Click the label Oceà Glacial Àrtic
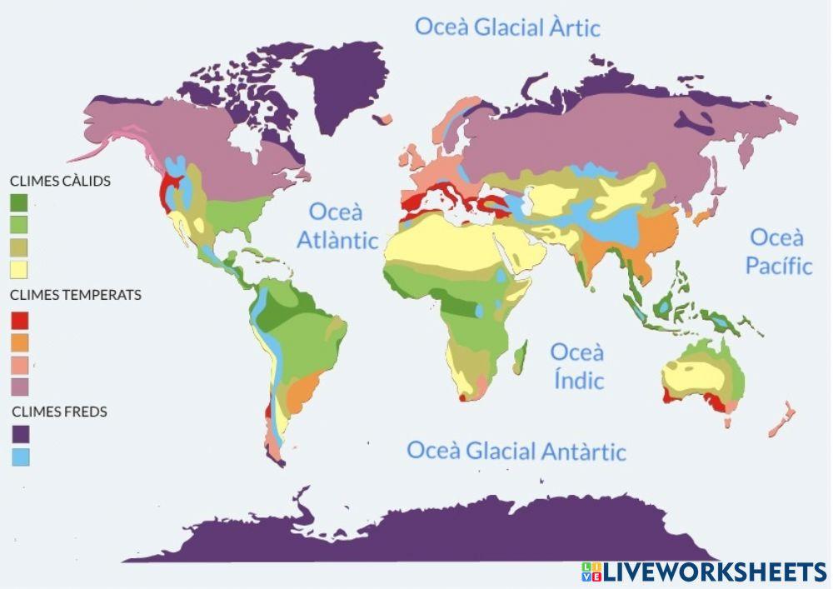(507, 27)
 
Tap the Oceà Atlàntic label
(337, 226)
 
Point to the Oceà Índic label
(576, 366)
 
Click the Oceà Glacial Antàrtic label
(516, 452)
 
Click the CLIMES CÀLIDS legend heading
(60, 181)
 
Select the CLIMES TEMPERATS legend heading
(75, 295)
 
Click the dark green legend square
(19, 202)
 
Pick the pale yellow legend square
(19, 269)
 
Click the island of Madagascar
(520, 358)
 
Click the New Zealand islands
(781, 419)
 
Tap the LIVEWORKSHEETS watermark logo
(704, 572)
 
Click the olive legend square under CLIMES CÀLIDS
(19, 247)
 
